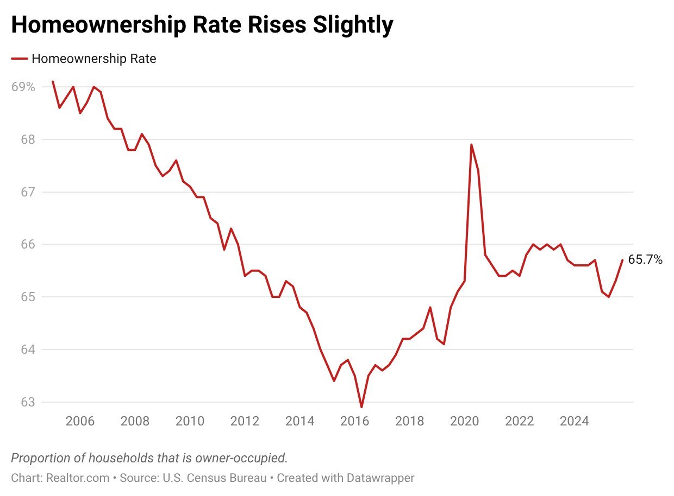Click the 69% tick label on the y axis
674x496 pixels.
tap(23, 87)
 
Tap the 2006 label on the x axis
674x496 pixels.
tap(79, 421)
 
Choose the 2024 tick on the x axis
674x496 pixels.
tap(575, 421)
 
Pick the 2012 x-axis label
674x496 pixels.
tap(245, 421)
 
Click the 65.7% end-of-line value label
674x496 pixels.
tap(645, 260)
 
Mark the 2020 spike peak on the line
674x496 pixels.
tap(471, 144)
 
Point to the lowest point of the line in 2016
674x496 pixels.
tap(361, 407)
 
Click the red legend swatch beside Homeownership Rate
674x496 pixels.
tap(20, 59)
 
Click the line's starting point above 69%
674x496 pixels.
tap(53, 81)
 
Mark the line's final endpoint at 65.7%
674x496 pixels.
tap(622, 260)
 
